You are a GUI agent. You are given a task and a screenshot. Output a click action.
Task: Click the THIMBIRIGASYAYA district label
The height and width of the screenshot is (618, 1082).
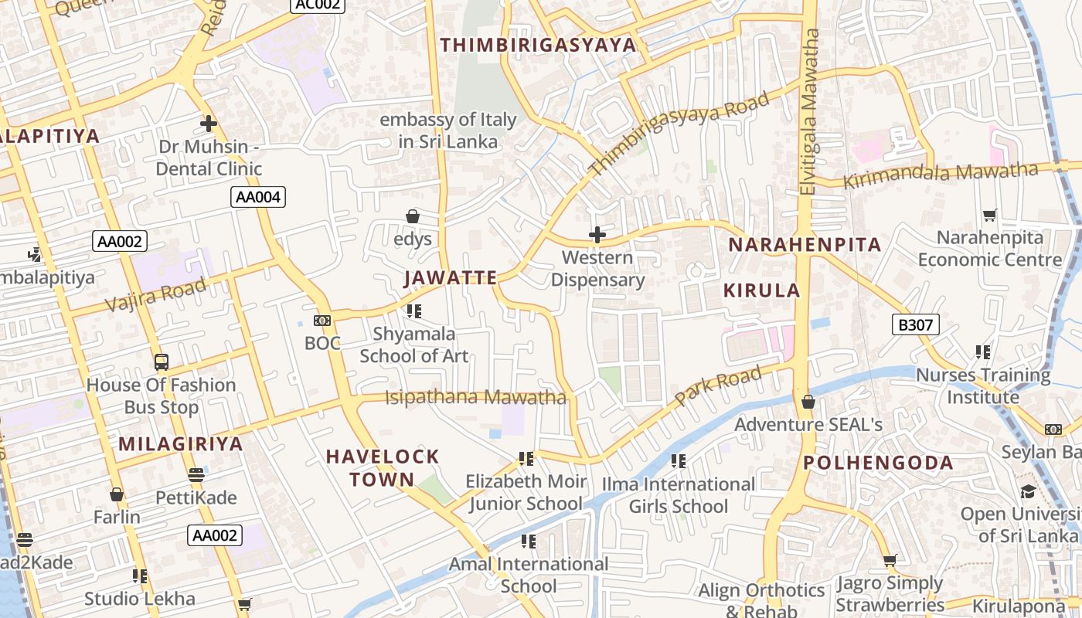click(539, 45)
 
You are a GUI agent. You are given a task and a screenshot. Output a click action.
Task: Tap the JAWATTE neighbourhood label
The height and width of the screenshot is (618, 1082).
click(451, 278)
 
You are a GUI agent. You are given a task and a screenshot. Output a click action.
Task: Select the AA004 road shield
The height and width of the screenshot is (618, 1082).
click(258, 197)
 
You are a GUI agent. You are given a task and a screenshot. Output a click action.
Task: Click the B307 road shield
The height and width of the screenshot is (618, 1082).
click(916, 324)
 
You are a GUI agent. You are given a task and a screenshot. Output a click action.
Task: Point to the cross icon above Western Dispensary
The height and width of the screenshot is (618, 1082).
click(597, 234)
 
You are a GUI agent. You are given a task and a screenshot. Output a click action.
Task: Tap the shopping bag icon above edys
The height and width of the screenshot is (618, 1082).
click(413, 216)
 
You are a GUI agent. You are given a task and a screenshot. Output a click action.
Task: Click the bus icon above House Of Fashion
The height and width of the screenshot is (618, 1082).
click(162, 362)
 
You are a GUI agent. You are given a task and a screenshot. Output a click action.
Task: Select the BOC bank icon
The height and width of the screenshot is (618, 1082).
click(322, 321)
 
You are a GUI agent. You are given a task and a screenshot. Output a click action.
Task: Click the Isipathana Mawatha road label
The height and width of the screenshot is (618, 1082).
click(475, 398)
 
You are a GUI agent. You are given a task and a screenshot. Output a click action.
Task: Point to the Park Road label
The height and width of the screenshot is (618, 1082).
click(718, 386)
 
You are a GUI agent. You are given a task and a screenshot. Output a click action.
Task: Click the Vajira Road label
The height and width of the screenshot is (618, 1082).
click(155, 294)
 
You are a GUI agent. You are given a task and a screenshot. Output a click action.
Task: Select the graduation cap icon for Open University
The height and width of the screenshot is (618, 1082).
click(1028, 491)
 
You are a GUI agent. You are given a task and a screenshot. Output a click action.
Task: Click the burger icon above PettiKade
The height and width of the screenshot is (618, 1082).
click(196, 474)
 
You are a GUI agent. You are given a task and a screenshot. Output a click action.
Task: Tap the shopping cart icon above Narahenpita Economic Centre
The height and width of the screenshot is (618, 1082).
click(990, 215)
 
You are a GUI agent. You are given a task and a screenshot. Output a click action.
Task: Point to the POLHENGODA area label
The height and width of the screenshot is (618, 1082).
click(878, 463)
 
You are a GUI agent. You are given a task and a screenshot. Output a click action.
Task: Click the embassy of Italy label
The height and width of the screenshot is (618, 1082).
click(447, 131)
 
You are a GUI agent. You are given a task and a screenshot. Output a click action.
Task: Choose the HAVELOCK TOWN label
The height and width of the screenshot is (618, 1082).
click(383, 467)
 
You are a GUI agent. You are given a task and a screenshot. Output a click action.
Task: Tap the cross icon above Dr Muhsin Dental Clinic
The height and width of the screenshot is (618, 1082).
click(208, 123)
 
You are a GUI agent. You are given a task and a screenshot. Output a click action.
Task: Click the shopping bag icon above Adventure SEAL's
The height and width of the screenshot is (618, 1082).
click(808, 402)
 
